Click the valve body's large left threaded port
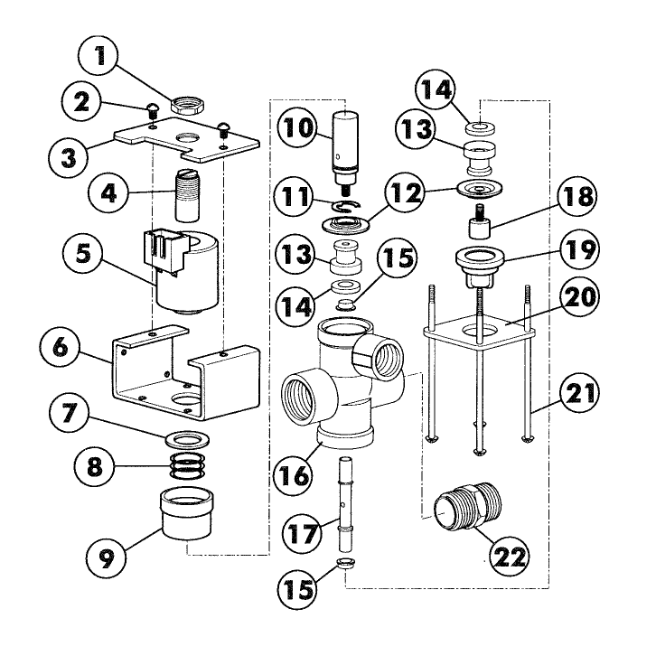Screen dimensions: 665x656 (302, 398)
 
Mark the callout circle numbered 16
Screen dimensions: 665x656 (295, 471)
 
